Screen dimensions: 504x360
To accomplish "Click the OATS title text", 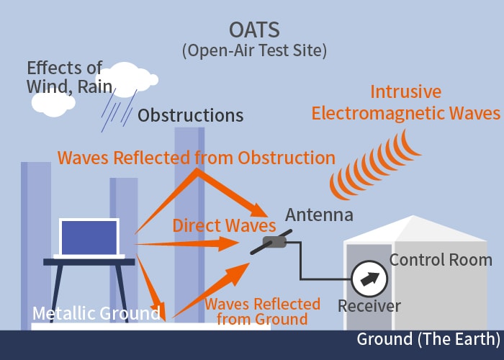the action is [x=254, y=30].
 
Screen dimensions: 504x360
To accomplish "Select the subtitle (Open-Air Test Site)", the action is [x=254, y=50].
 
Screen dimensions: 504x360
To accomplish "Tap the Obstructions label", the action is [x=190, y=115].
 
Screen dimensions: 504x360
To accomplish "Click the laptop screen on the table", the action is [x=89, y=238].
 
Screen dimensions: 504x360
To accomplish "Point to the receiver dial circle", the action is [x=369, y=279].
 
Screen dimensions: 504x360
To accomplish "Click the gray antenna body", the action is [x=274, y=242].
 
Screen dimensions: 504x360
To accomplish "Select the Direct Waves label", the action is [x=224, y=225].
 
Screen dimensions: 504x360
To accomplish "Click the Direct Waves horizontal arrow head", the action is [x=229, y=243].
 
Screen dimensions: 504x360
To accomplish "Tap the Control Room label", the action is [x=441, y=260].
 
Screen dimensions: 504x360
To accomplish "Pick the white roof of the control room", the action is [x=415, y=229].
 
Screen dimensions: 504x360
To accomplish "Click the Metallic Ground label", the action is [x=96, y=313].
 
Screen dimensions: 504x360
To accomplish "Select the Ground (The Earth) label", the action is [x=428, y=339].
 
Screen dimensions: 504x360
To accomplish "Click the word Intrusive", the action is [x=405, y=91].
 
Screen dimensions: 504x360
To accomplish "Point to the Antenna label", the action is [x=319, y=215].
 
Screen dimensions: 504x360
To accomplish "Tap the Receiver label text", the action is [x=369, y=306].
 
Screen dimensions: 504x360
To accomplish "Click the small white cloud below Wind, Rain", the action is [x=53, y=103].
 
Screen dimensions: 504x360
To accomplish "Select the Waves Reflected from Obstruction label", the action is [x=197, y=158].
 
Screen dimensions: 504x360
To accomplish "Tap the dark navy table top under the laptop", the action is [x=89, y=262].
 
